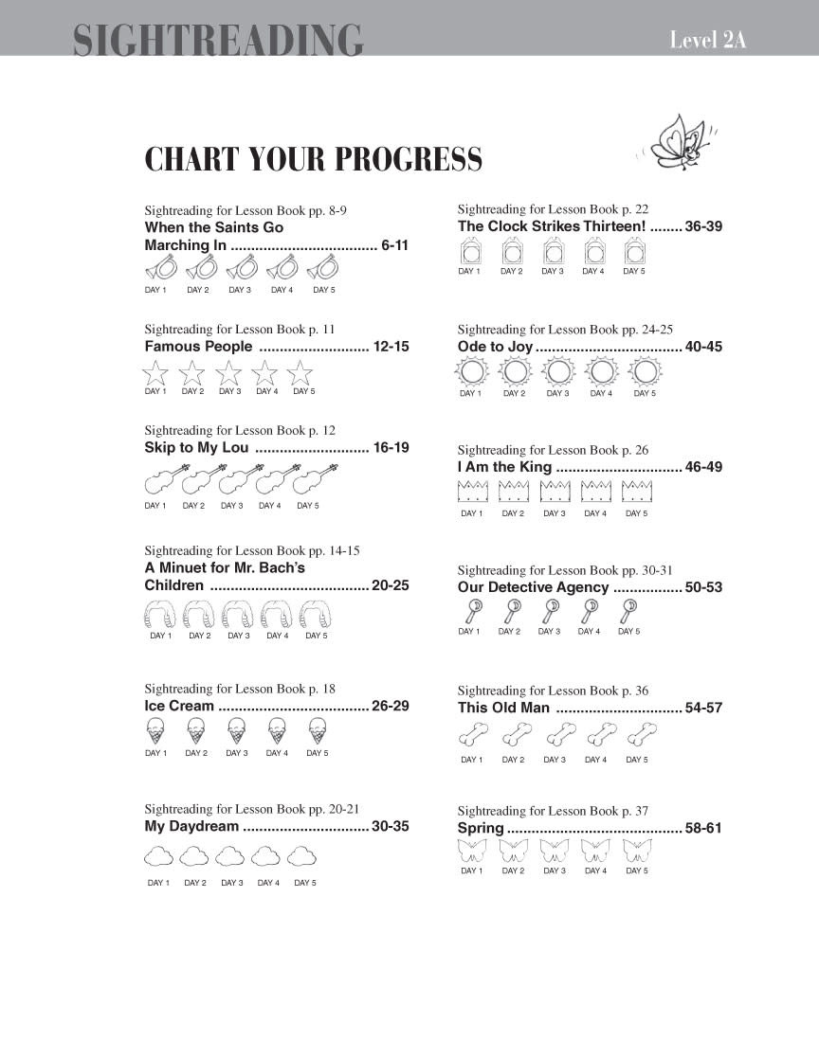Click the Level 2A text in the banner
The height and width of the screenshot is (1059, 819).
[707, 40]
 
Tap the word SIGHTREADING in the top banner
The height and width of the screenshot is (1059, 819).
[218, 40]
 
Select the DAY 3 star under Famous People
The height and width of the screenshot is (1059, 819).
[229, 372]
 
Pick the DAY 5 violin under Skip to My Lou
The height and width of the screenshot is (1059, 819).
[316, 479]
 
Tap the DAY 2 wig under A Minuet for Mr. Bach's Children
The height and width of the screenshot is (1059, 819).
[199, 616]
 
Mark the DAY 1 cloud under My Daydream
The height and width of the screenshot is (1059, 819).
[158, 856]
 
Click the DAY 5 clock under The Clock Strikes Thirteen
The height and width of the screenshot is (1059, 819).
[635, 252]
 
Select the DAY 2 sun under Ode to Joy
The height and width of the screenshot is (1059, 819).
[515, 371]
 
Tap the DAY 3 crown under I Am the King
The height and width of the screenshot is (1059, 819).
[555, 491]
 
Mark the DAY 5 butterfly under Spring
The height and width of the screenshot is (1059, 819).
[637, 850]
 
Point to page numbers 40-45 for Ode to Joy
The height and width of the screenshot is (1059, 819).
[703, 347]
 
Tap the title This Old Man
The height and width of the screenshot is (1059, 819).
[502, 708]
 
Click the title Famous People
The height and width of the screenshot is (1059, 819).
[198, 347]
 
